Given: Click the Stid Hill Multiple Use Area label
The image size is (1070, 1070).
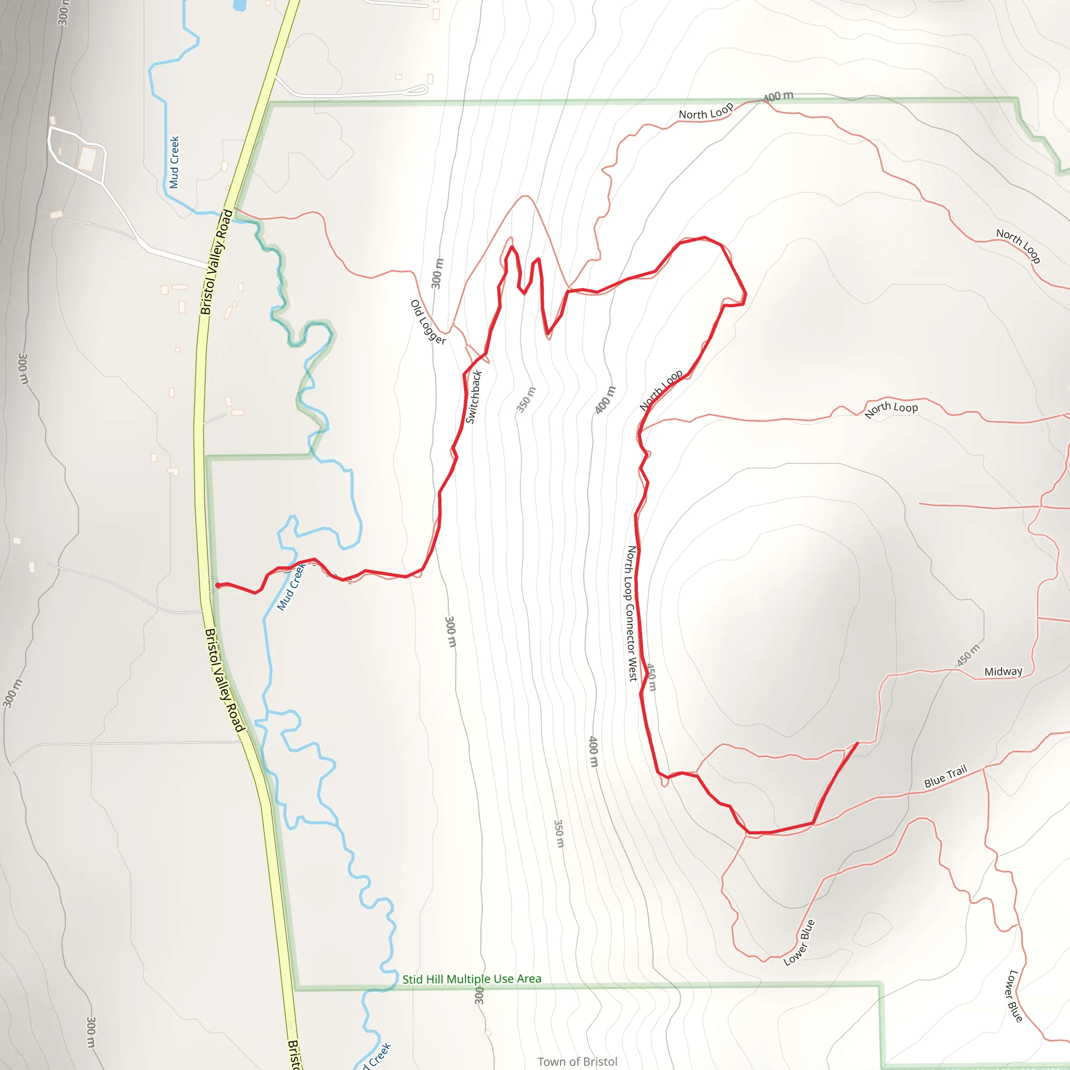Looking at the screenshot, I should pos(471,979).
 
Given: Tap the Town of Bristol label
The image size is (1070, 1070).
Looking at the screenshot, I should pos(577,1061).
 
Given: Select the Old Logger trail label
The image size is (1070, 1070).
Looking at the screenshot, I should pos(428,322).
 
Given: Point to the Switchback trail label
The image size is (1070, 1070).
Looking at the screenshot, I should pos(473,397).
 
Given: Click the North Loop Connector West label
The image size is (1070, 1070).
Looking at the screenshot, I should pos(631,613).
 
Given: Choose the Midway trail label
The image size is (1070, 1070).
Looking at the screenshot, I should pos(1003,672).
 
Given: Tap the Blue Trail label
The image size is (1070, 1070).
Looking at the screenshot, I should pos(945,776).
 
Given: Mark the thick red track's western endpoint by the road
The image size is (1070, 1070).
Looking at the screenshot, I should pos(218,585).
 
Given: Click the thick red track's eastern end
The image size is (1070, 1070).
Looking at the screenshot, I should pos(857,743).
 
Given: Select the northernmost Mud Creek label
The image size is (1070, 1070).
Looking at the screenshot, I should pos(175,162).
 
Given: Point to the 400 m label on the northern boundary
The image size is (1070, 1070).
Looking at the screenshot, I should pos(778,96).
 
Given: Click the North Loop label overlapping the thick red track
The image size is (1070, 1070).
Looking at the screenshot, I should pos(661,390).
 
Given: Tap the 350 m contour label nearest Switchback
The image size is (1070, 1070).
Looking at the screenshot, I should pos(526,399).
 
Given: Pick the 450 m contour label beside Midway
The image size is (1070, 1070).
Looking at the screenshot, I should pos(968,655).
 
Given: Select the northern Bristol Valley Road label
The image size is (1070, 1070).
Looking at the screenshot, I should pos(216,261).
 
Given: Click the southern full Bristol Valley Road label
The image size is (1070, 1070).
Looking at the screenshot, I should pos(224,680).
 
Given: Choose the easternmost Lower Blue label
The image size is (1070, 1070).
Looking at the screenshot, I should pos(1015,995).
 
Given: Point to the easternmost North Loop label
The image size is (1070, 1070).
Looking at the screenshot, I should pos(1018,246).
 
